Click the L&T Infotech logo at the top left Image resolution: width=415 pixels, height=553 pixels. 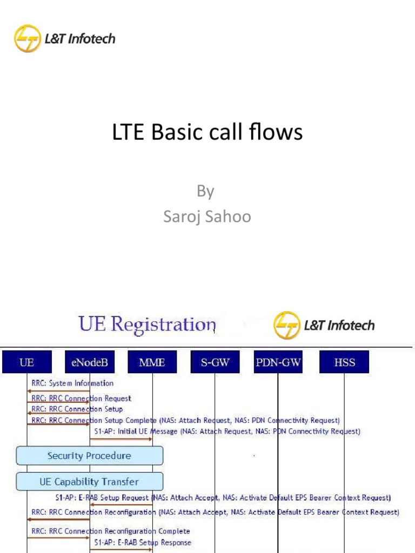point(64,38)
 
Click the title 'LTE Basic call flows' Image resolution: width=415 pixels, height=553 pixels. point(207,132)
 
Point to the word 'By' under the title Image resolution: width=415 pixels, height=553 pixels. point(205,191)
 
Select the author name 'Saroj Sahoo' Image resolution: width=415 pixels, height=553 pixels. point(207,216)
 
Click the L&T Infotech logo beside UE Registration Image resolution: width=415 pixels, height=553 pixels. point(324,325)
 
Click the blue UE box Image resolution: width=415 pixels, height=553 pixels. point(26,362)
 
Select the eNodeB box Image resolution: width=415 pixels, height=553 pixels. point(90,362)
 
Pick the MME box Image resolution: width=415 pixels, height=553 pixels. point(152,362)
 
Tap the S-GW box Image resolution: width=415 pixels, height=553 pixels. point(215,362)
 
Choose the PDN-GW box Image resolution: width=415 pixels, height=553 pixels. point(278,362)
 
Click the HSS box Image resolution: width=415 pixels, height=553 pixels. point(344,362)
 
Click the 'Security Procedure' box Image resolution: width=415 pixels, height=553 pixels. point(89,456)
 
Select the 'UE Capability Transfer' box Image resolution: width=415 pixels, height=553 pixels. point(89,481)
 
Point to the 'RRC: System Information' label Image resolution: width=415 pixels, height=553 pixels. point(72,383)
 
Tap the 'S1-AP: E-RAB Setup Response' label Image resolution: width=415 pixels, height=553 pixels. point(142,542)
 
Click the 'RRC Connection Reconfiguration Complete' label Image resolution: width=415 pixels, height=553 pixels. point(111,531)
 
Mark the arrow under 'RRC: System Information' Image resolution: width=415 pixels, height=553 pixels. point(58,390)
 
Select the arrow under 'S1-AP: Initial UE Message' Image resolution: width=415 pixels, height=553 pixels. point(121,439)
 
